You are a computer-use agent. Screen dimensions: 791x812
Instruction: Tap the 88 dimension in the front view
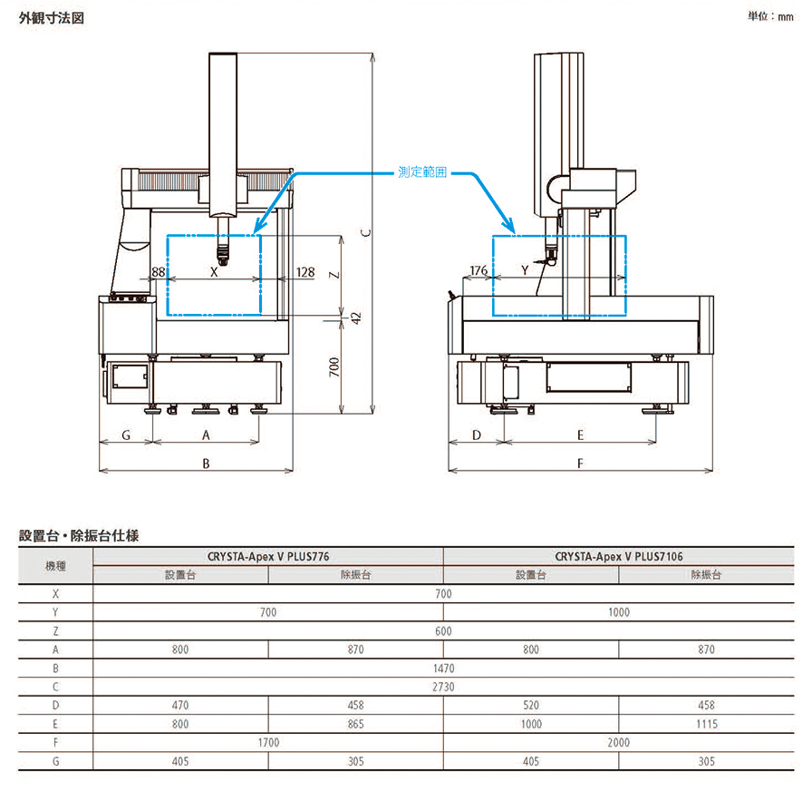click(159, 272)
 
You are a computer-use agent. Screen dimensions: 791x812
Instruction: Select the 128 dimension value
click(304, 272)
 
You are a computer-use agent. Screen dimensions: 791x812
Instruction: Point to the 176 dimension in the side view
click(478, 271)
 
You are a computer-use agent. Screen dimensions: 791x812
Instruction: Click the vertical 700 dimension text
click(333, 367)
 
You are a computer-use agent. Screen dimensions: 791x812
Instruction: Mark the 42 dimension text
click(356, 317)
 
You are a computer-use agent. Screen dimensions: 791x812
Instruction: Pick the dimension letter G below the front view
click(126, 435)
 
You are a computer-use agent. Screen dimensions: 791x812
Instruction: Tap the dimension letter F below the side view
click(580, 463)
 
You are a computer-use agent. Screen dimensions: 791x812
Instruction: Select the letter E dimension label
click(580, 435)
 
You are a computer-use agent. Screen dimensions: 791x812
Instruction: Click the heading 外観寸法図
click(52, 17)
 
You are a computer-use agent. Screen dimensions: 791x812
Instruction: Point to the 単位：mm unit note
click(770, 16)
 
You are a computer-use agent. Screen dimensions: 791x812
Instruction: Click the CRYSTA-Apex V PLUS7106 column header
click(619, 556)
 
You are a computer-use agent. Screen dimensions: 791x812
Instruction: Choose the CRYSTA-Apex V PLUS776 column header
click(268, 556)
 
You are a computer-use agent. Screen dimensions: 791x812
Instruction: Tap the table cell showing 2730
click(443, 687)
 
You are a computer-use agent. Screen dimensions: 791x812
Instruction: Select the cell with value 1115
click(707, 724)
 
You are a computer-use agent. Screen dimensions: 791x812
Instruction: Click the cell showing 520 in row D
click(531, 705)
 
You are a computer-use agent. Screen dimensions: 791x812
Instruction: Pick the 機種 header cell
click(55, 566)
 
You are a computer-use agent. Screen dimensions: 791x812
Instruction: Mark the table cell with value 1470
click(443, 668)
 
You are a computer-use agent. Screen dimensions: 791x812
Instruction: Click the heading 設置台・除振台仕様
click(79, 536)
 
